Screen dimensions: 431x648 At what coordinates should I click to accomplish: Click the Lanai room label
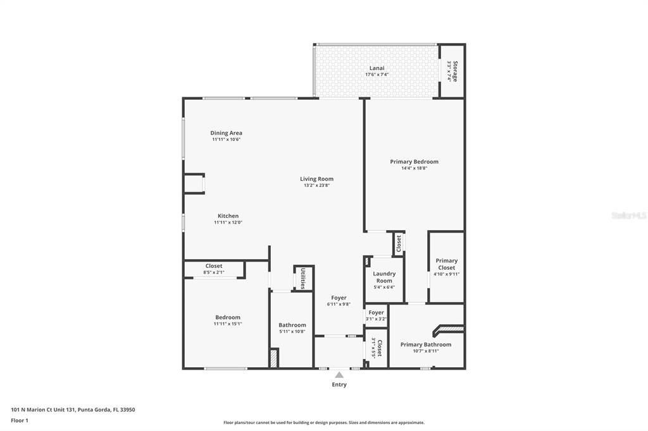point(377,68)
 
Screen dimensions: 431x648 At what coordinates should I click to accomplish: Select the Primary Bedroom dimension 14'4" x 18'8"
point(414,168)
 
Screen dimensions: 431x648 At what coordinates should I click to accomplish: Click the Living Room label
point(316,179)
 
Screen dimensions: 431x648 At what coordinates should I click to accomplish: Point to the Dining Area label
point(226,133)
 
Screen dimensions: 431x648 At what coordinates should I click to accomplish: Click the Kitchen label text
point(228,215)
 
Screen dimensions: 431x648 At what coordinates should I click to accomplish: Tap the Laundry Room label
point(384,277)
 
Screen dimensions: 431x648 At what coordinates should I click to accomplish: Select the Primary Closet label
point(446,264)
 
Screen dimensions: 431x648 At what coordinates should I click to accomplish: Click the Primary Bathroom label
point(426,344)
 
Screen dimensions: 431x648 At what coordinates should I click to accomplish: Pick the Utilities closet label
point(303,278)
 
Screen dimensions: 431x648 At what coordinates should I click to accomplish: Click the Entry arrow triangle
point(339,375)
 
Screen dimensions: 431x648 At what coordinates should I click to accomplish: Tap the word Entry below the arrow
point(339,384)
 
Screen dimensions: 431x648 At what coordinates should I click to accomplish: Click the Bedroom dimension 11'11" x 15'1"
point(228,324)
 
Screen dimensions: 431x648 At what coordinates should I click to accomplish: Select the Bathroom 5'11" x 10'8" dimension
point(292,331)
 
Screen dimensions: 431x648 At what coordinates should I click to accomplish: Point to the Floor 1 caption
point(20,420)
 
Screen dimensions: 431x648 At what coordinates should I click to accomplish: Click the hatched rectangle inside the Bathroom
point(273,358)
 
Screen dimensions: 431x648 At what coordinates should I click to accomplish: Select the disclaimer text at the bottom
point(323,422)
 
